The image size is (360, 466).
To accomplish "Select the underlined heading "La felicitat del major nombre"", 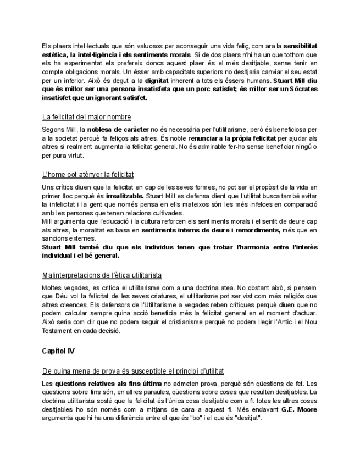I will tap(86, 117).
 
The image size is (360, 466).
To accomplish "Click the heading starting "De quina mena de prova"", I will tap(132, 371).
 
